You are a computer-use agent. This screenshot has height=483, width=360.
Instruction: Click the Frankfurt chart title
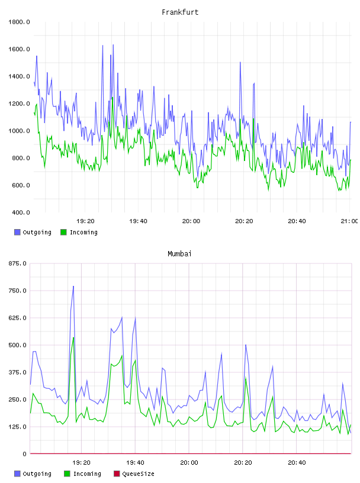click(x=180, y=12)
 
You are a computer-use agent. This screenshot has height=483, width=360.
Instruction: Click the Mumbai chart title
click(x=179, y=254)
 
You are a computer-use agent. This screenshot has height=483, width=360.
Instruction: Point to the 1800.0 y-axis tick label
click(x=19, y=22)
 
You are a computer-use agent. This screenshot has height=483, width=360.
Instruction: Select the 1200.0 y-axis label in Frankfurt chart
click(x=19, y=104)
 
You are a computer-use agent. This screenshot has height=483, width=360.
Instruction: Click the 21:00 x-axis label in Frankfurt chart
click(x=349, y=221)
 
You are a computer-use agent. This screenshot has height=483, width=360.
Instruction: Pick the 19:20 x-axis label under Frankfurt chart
click(x=85, y=221)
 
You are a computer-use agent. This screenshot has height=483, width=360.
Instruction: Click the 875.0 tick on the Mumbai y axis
click(x=18, y=263)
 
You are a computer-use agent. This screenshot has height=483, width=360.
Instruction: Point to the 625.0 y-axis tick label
click(x=18, y=318)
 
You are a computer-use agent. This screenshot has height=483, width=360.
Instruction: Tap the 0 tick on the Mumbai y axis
click(x=25, y=454)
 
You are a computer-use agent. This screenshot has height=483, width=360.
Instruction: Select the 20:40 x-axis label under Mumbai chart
click(x=297, y=463)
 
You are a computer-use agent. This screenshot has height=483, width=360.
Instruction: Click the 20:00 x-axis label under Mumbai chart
click(x=189, y=463)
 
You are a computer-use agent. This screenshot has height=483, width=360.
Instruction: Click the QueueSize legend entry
click(x=134, y=474)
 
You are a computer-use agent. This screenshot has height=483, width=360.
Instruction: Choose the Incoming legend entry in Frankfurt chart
click(x=79, y=232)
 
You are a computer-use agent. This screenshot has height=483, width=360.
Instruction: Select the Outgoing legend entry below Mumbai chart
click(x=33, y=474)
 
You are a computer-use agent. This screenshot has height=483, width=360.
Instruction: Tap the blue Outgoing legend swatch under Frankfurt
click(x=17, y=232)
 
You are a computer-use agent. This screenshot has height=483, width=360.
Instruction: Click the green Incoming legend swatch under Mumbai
click(x=67, y=474)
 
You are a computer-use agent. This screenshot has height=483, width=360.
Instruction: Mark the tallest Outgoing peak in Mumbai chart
click(x=73, y=286)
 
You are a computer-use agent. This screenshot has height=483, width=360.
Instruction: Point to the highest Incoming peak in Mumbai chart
click(x=73, y=337)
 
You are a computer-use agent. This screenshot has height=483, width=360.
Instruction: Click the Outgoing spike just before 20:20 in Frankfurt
click(x=240, y=62)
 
